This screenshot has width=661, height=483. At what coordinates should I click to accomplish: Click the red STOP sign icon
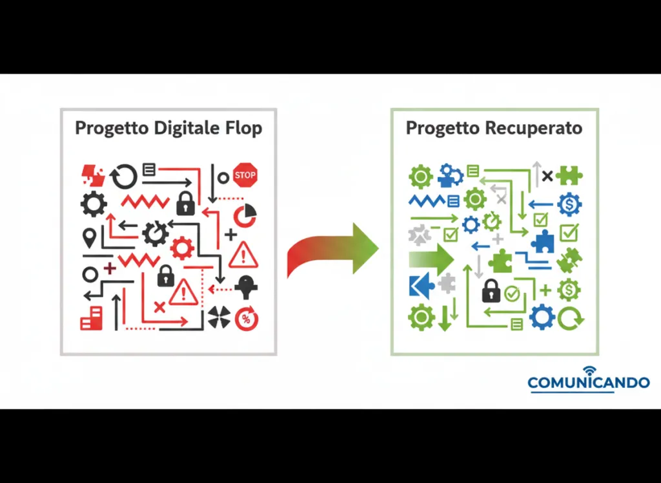(245, 175)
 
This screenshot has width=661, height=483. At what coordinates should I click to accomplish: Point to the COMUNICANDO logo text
(588, 383)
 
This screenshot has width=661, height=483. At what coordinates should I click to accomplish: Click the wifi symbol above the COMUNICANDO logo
(589, 370)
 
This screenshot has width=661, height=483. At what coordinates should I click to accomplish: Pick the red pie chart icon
(245, 215)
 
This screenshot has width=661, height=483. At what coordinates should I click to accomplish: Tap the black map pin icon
(89, 238)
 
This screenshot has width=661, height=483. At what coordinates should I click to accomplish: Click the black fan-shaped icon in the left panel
(219, 317)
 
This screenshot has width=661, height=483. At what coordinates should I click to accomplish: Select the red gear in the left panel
(182, 248)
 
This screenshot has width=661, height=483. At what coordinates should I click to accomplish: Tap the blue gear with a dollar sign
(569, 204)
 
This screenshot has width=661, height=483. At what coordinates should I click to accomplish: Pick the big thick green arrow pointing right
(431, 259)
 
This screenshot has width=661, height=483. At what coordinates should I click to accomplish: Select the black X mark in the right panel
(547, 175)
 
